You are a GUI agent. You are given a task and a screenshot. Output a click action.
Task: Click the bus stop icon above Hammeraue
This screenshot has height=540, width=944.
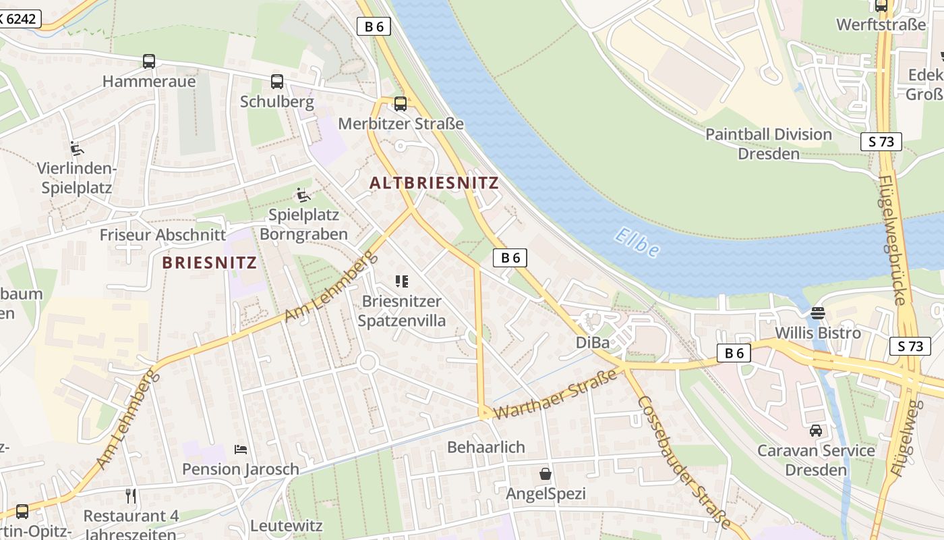(149, 61)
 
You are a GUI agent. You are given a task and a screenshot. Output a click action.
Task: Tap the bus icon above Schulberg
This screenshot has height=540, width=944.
(277, 82)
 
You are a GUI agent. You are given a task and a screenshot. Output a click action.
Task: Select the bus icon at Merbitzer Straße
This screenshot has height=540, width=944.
(401, 103)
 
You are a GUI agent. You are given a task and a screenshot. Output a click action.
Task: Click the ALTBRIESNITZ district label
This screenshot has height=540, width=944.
(434, 183)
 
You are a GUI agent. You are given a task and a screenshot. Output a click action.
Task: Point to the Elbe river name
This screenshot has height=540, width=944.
(637, 244)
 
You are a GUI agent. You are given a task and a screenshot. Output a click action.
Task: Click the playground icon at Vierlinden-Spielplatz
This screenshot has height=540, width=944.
(77, 148)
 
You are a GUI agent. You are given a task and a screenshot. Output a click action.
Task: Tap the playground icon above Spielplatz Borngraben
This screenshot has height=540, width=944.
(303, 195)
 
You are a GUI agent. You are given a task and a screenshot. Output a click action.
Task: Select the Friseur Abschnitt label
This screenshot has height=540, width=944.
(163, 235)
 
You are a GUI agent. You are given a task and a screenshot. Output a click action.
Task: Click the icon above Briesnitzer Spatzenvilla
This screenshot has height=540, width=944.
(402, 281)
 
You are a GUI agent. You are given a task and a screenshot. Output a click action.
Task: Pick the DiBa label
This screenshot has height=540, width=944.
(593, 343)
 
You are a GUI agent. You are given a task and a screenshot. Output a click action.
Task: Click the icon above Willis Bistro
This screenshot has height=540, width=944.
(818, 313)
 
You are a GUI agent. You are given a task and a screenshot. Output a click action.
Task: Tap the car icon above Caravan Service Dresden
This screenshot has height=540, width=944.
(816, 430)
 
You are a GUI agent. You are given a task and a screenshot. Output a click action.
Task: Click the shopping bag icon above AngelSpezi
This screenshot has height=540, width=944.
(545, 474)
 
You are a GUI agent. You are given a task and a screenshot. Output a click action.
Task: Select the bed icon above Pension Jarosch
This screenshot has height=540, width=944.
(241, 449)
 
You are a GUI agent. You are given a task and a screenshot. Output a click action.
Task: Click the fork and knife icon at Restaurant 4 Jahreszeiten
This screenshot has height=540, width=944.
(131, 496)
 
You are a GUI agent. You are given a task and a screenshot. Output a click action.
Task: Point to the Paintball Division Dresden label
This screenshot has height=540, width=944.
(769, 144)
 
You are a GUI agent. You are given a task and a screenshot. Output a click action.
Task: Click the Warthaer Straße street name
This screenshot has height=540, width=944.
(556, 394)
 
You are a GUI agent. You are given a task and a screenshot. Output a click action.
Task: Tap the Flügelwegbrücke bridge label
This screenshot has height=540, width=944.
(893, 240)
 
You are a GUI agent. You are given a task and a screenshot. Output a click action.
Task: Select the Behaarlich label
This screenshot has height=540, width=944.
(486, 447)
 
